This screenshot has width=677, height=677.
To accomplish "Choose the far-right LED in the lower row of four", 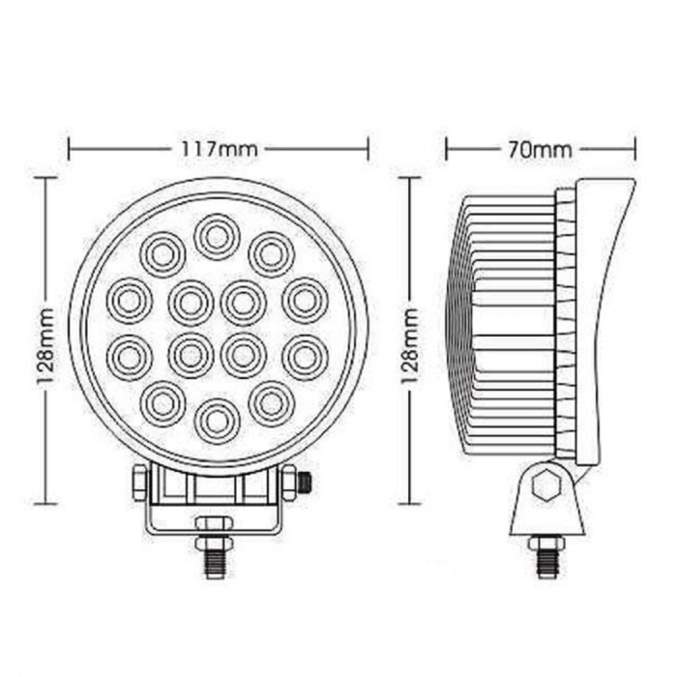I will point(305,355).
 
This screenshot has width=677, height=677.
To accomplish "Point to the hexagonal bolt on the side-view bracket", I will point(545,486).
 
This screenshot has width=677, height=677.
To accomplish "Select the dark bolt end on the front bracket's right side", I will point(306,481).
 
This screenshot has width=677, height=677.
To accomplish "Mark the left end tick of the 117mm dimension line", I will point(69,149).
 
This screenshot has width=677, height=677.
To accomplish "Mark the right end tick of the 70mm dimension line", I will point(634,149).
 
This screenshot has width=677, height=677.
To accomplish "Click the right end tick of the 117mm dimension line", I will point(368,149).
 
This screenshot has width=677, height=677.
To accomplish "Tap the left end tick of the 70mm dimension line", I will point(446,149).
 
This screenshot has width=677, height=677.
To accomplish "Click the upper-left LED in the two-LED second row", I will point(162,254).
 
